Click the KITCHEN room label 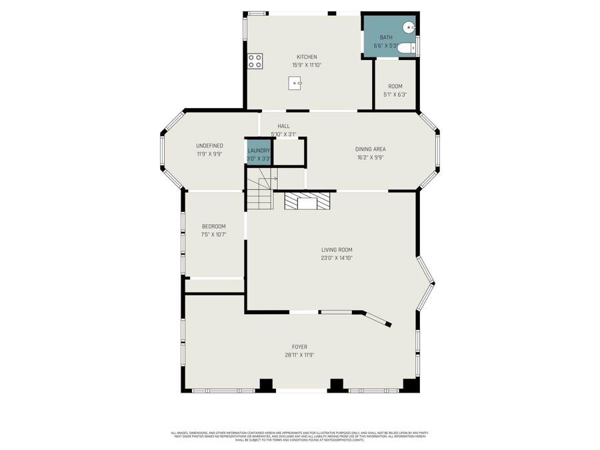(307, 57)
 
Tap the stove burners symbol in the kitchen (255, 61)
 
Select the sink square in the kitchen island (295, 83)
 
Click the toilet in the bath (406, 47)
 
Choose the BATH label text (386, 37)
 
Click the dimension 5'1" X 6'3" (395, 95)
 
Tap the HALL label (284, 126)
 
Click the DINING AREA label (370, 149)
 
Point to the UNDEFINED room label (209, 145)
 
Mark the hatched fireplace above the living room (307, 201)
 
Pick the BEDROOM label (213, 227)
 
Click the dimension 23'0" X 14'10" (336, 258)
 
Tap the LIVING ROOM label (336, 250)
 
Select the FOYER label (299, 347)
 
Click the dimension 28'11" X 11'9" (299, 355)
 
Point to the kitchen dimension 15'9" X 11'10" (307, 65)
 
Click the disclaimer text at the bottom (299, 436)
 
